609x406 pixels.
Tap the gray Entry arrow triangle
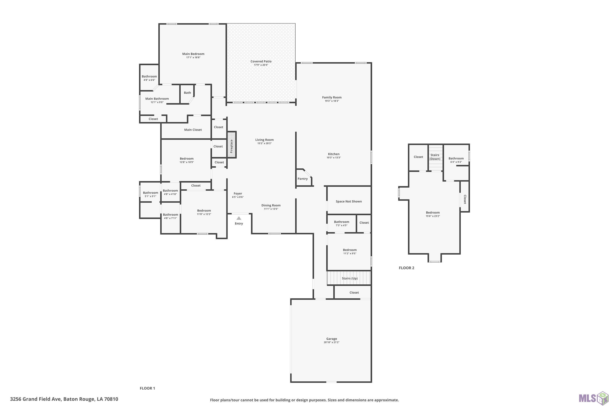pyautogui.click(x=239, y=218)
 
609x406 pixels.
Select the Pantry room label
pyautogui.click(x=302, y=179)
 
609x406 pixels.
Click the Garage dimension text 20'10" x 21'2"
pyautogui.click(x=331, y=342)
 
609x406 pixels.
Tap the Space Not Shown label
pyautogui.click(x=349, y=201)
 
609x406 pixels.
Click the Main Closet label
pyautogui.click(x=193, y=130)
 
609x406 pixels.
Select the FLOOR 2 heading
pyautogui.click(x=407, y=268)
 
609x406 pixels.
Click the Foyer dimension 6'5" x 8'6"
pyautogui.click(x=238, y=197)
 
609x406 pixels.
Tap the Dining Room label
pyautogui.click(x=271, y=205)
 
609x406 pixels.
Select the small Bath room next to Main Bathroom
pyautogui.click(x=187, y=94)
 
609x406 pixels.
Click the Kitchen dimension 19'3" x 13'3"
pyautogui.click(x=334, y=158)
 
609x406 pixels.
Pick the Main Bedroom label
pyautogui.click(x=193, y=54)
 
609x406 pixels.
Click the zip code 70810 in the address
pyautogui.click(x=111, y=399)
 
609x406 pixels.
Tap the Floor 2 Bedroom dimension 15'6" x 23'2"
pyautogui.click(x=433, y=216)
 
